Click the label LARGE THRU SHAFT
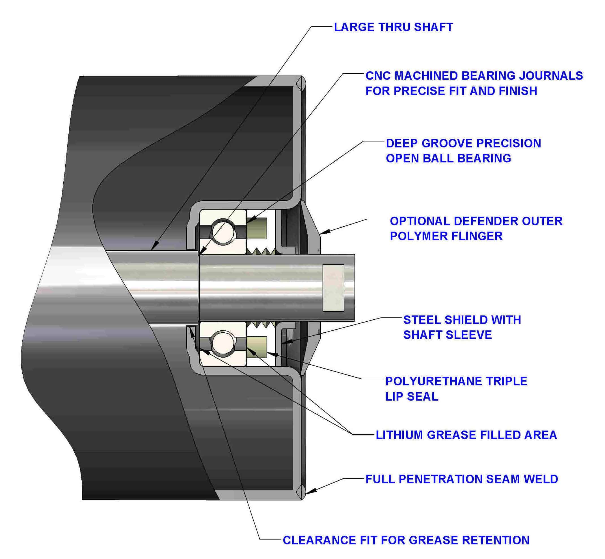coord(393,27)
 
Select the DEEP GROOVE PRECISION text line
coord(463,143)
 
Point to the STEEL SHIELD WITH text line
coord(462,320)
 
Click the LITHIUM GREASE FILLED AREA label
coord(466,435)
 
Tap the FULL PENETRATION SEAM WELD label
coord(461,479)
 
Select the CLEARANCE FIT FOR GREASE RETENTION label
coord(406,540)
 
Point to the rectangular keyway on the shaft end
coord(333,288)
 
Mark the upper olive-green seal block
coord(257,228)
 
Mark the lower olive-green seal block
coord(257,347)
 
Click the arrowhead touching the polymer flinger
coord(322,233)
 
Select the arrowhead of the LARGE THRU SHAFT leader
coord(153,249)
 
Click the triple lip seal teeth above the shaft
coord(261,251)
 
